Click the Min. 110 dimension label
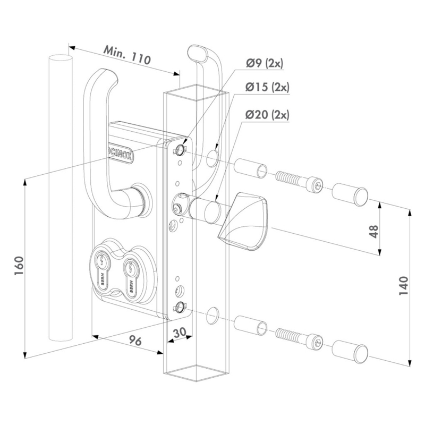(126, 55)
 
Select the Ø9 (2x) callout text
(264, 64)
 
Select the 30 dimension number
(179, 331)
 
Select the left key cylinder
(103, 270)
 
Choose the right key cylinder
(129, 270)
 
